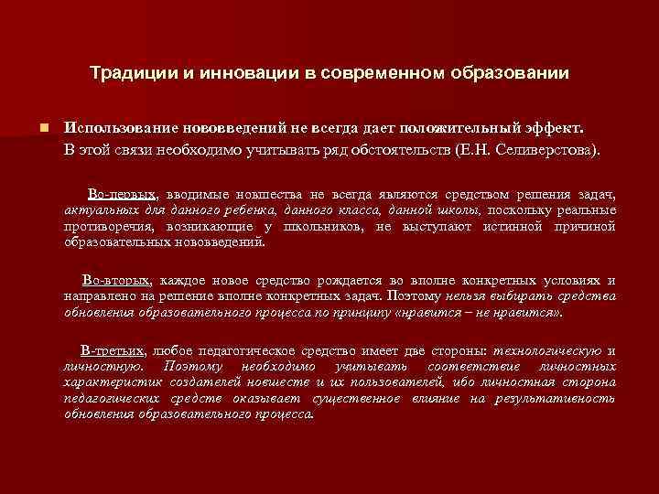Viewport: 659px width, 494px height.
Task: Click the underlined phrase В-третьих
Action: pos(113,350)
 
